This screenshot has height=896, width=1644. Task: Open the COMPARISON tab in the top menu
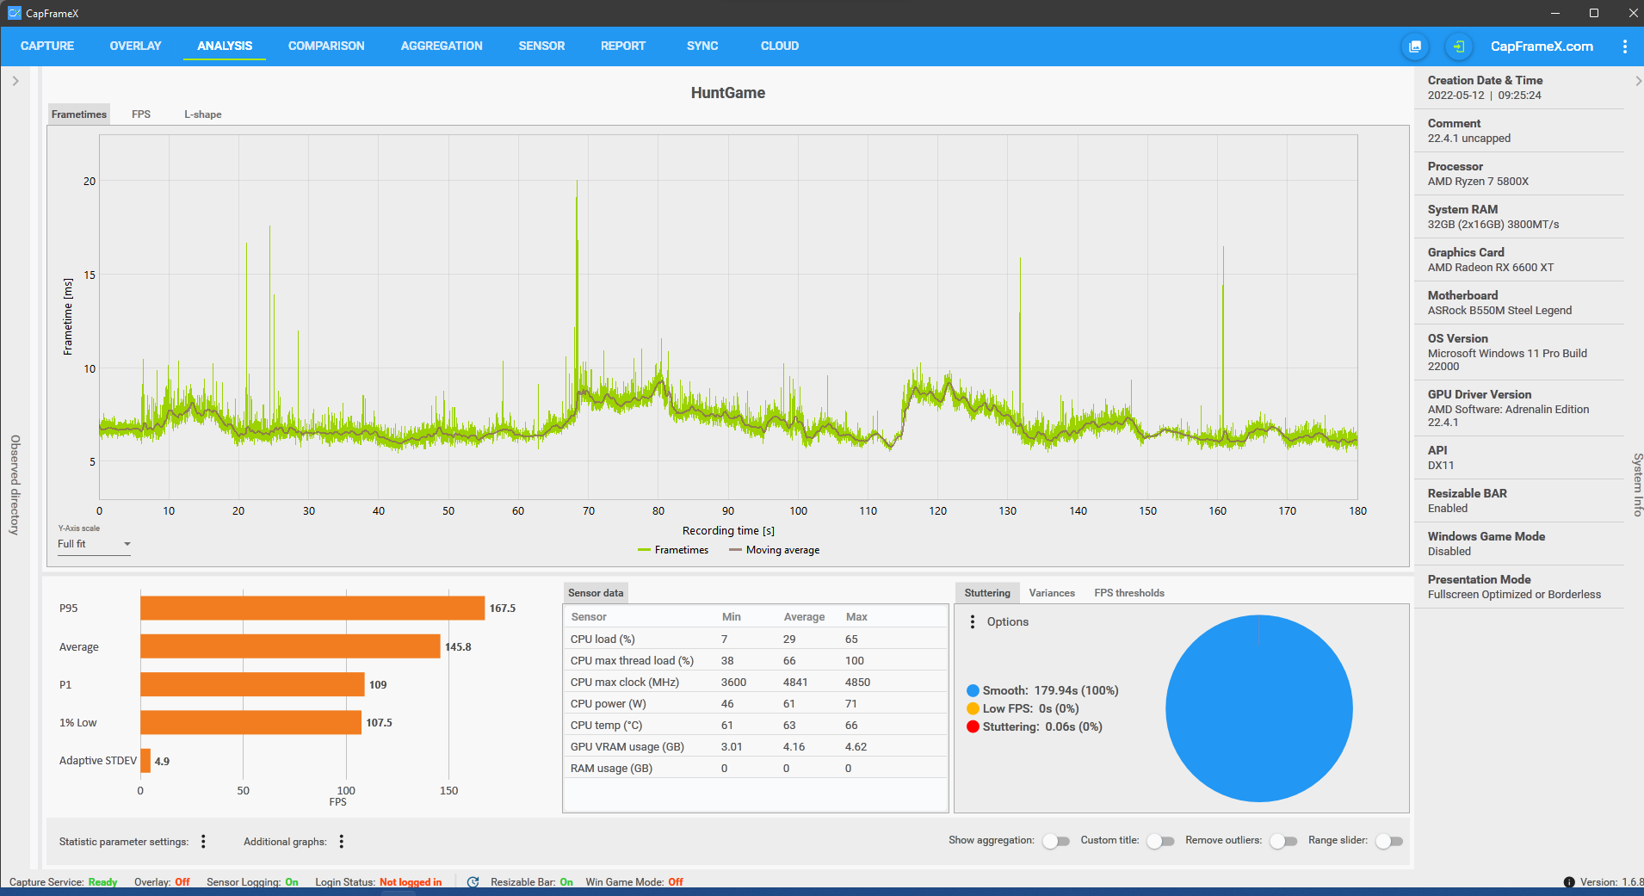click(326, 46)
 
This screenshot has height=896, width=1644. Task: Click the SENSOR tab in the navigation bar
click(541, 46)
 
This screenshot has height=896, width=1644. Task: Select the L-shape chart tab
click(203, 114)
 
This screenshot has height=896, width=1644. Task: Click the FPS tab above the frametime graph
click(141, 114)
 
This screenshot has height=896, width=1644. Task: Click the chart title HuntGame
click(728, 93)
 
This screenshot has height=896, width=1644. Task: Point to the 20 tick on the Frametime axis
click(90, 181)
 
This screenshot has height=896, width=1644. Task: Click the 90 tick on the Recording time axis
click(728, 510)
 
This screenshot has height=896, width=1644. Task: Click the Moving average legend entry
click(774, 550)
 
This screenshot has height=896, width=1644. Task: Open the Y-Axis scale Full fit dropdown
click(94, 544)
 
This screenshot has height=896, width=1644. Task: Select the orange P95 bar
click(312, 609)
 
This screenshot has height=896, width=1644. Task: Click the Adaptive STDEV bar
click(145, 761)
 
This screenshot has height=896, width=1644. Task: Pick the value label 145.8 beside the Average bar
click(458, 647)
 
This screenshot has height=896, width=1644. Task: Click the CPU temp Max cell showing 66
click(851, 726)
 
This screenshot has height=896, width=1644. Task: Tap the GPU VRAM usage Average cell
click(794, 747)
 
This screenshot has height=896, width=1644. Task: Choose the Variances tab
click(1052, 593)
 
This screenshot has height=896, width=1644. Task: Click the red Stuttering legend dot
click(973, 727)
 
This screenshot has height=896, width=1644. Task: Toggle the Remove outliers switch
click(1283, 841)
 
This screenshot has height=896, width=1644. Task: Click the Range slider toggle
click(1389, 841)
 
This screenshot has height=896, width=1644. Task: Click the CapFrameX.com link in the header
click(1542, 46)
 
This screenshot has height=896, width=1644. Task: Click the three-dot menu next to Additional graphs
click(342, 842)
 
